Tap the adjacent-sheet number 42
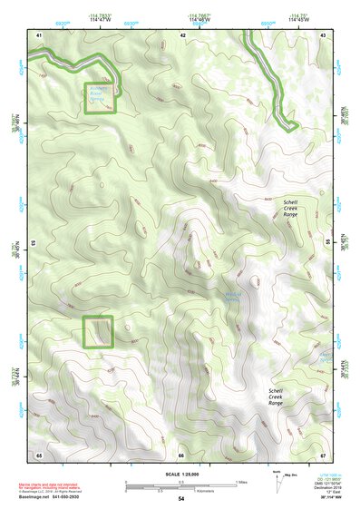[183, 34]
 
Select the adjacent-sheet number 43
[324, 34]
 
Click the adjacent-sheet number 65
[39, 454]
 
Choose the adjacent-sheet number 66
[181, 454]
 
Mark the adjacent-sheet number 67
[323, 454]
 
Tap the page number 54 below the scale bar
[181, 499]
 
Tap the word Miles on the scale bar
[240, 481]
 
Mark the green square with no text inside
[97, 331]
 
